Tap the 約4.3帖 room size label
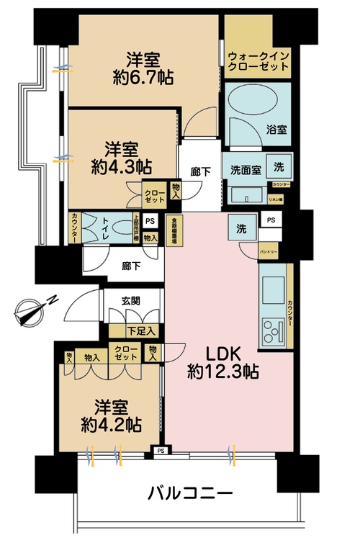tap(120, 166)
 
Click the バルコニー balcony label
tap(190, 495)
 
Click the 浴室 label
tap(277, 131)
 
